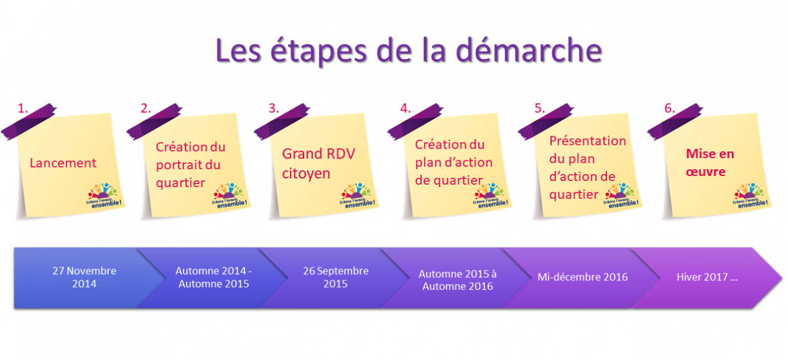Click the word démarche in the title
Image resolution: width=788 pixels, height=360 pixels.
(x=529, y=51)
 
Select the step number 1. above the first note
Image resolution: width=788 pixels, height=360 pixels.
(x=22, y=108)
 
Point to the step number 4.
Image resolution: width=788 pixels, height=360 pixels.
(x=406, y=108)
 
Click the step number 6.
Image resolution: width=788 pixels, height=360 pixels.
(x=669, y=108)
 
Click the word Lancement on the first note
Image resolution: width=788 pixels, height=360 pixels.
(x=63, y=163)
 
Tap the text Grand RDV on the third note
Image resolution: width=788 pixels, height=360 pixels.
(x=318, y=154)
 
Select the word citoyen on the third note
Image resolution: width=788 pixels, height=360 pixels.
(x=306, y=174)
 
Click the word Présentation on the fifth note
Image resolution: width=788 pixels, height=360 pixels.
(x=588, y=141)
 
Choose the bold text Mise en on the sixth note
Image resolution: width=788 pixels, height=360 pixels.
(x=710, y=154)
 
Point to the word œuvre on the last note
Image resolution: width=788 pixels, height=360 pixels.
(x=706, y=172)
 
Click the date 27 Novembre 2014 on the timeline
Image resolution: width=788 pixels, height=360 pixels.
(x=85, y=277)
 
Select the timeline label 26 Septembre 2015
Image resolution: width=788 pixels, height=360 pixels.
(x=336, y=277)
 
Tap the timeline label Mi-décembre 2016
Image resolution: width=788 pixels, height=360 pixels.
(x=583, y=277)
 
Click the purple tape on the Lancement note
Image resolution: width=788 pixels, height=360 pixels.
(x=29, y=122)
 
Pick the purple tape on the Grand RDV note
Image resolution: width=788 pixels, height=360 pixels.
(x=282, y=122)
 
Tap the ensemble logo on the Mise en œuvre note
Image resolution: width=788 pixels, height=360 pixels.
(x=750, y=195)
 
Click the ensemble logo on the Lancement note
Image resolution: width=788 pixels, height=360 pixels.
(x=104, y=195)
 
